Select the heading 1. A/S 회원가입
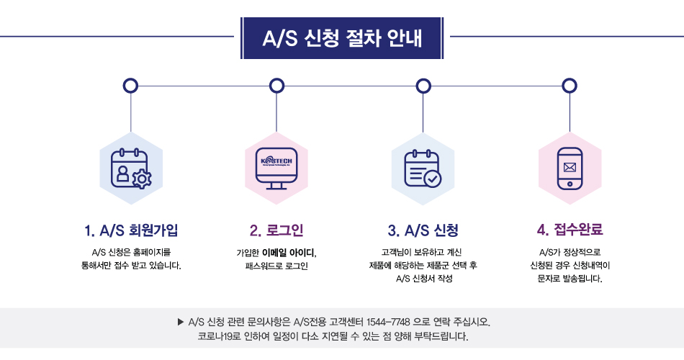tap(130, 230)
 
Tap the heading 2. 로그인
tap(276, 230)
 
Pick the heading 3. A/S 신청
tap(423, 230)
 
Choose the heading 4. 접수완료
tap(570, 230)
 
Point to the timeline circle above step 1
tap(130, 86)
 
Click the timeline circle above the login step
tap(276, 86)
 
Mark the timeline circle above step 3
tap(423, 86)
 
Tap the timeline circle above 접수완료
tap(570, 86)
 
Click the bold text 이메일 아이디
tap(288, 253)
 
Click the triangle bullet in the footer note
tap(181, 322)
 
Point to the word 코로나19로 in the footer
tap(220, 336)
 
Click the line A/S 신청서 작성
tap(423, 279)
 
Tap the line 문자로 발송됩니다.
tap(570, 279)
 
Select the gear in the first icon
tap(142, 179)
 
